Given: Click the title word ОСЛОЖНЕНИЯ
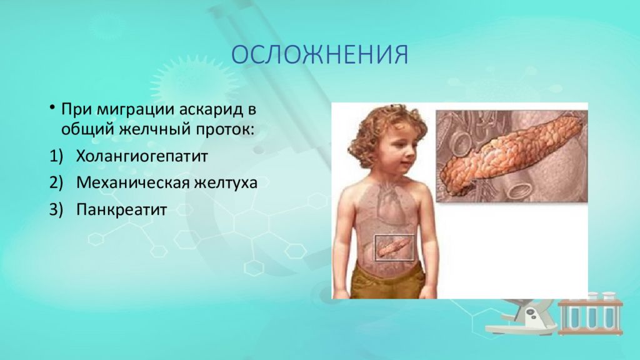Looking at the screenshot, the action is point(319,55).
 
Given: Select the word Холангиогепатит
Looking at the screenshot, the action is point(142,156).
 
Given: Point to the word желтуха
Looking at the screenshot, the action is point(225,182).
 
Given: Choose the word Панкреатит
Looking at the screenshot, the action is point(122,209).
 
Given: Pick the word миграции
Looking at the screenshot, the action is point(136,111).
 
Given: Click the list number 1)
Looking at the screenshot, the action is point(56,156).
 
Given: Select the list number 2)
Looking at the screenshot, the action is point(56,182).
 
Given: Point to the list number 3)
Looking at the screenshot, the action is point(56,209).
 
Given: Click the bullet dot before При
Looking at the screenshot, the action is point(52,107).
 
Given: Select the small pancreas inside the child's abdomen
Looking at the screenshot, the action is point(394,247).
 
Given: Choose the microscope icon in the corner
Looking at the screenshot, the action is point(522,316).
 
